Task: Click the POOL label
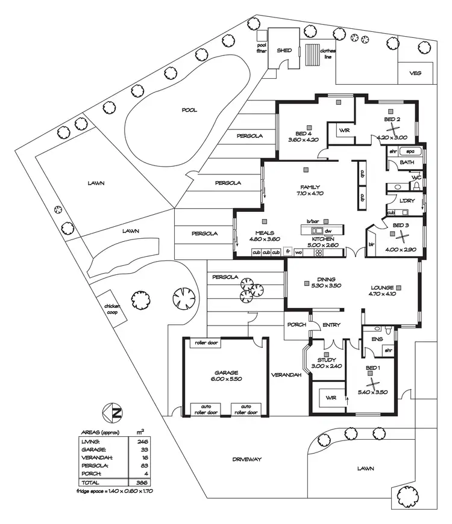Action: point(190,110)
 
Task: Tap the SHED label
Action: point(284,51)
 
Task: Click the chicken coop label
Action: point(113,310)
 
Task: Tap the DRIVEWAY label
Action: point(247,460)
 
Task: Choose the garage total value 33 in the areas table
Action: point(143,449)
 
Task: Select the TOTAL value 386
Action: point(143,482)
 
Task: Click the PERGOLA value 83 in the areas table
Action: point(143,466)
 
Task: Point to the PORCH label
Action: point(296,325)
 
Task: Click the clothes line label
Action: point(327,54)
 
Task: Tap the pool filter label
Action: point(262,48)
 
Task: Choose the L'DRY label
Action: point(406,201)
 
